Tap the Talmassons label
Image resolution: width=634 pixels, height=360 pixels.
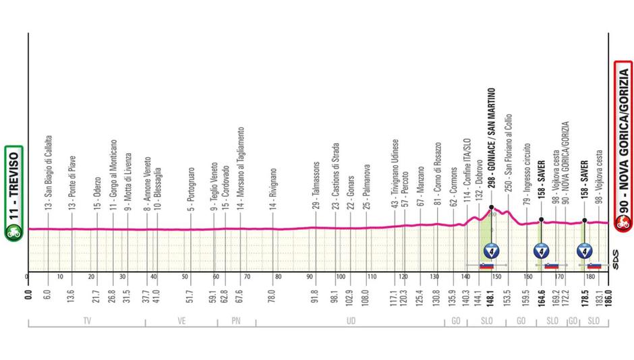pos(314,184)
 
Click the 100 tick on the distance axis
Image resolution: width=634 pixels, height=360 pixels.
pos(339,276)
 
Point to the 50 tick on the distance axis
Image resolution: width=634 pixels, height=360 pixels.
pos(183,276)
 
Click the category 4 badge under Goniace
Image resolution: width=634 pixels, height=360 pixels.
pos(492,251)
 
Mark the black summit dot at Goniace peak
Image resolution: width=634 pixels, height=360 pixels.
pos(492,208)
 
